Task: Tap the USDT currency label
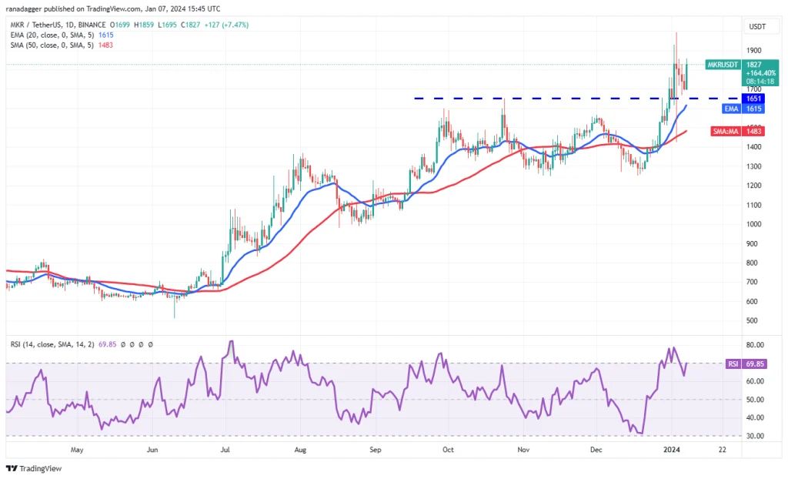coord(756,27)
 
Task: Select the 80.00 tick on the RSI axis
coord(755,345)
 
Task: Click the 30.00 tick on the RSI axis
coord(755,436)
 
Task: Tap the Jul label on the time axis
coord(226,449)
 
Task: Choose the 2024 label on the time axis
coord(671,449)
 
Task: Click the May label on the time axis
coord(76,449)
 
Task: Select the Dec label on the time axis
coord(596,449)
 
